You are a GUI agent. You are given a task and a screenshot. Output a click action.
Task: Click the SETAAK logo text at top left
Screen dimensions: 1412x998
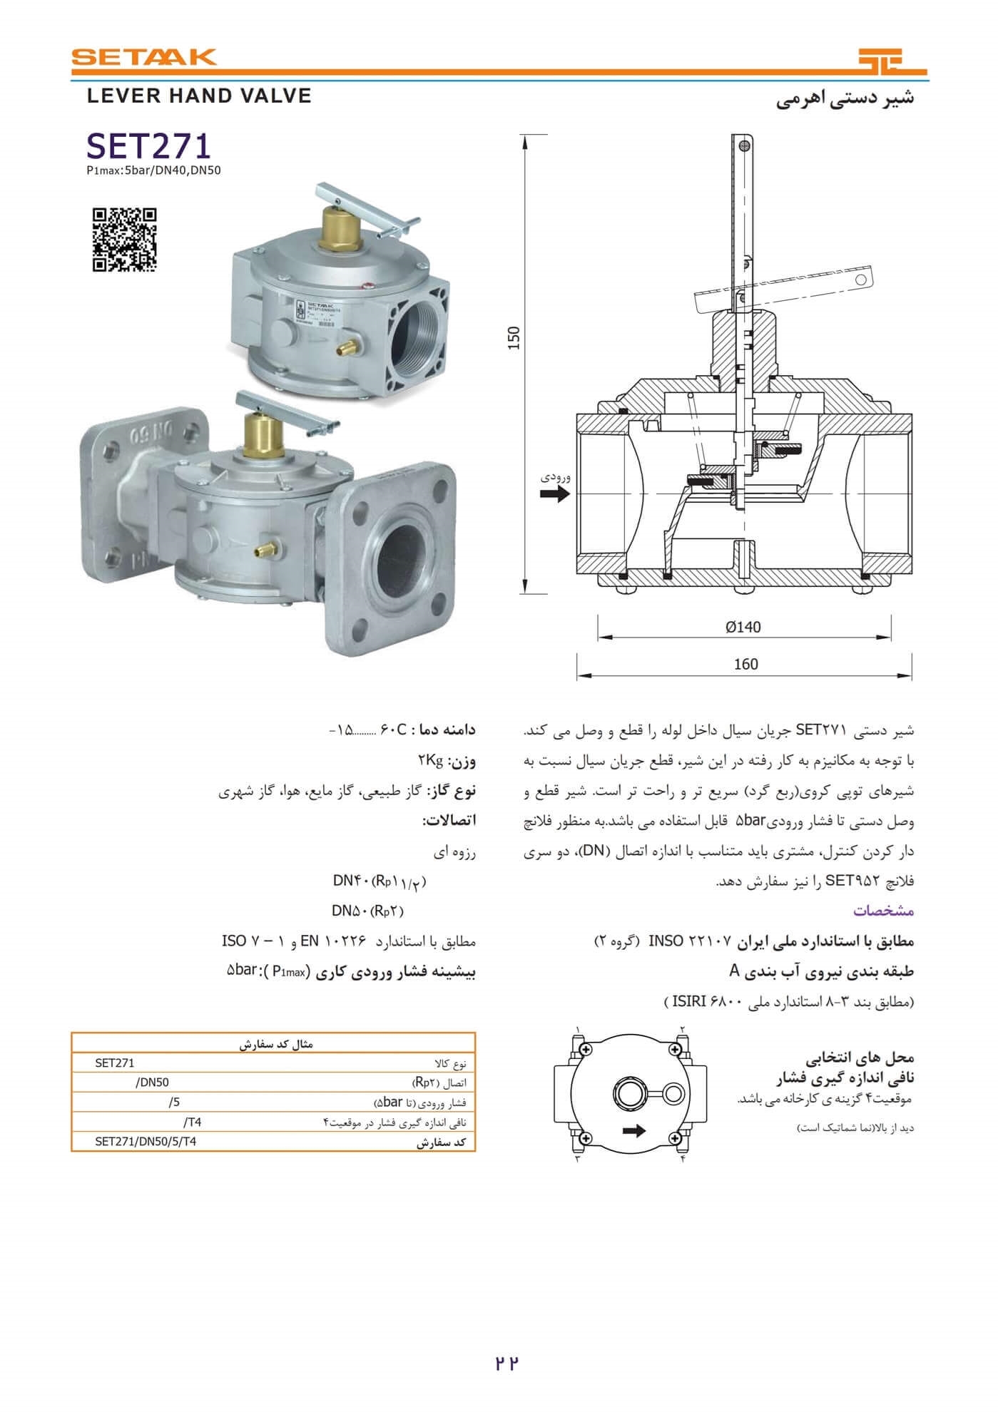point(143,57)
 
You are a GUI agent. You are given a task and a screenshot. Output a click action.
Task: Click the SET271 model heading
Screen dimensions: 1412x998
point(149,146)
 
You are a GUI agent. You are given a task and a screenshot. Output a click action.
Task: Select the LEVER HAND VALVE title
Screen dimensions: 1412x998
point(199,96)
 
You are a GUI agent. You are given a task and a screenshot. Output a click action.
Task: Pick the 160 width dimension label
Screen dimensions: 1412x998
point(745,665)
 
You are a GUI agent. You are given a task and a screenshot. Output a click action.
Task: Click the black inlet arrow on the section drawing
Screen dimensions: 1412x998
point(555,493)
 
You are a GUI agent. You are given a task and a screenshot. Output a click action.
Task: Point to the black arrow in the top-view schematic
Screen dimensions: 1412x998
point(633,1130)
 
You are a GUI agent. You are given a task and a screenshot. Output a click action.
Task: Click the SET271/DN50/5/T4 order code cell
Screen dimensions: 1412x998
point(146,1141)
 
